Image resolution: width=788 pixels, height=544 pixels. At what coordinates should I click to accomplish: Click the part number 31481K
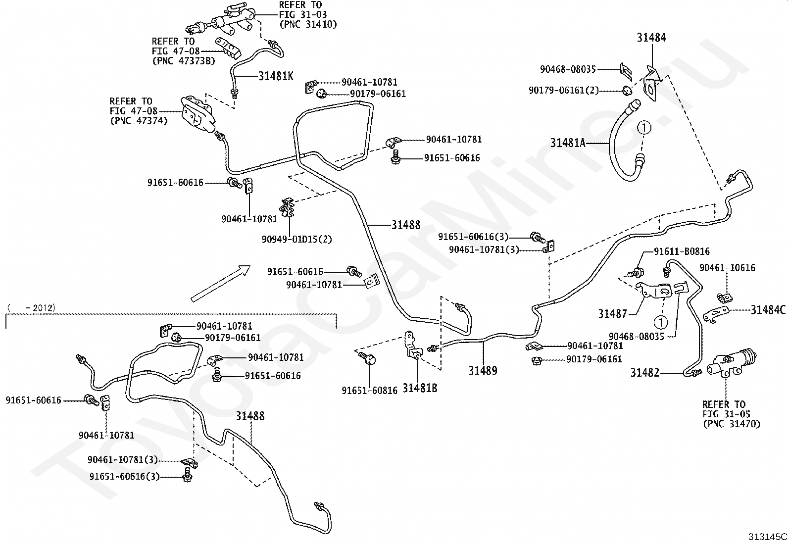tap(276, 76)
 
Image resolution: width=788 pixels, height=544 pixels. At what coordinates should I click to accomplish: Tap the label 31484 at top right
tap(651, 38)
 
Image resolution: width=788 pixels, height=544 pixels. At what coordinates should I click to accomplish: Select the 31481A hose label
tap(568, 144)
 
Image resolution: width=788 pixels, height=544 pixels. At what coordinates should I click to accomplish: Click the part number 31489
tap(483, 371)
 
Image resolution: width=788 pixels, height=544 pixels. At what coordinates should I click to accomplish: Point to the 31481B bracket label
tap(419, 388)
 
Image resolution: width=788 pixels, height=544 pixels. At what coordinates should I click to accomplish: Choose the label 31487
tap(612, 313)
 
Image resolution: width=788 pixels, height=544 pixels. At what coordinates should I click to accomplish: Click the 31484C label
tap(768, 310)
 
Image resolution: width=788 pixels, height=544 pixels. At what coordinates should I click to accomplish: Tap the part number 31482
tap(644, 373)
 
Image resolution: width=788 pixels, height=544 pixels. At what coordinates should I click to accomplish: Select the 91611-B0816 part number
tap(682, 251)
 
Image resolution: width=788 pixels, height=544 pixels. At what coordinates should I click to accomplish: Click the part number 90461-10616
tap(727, 268)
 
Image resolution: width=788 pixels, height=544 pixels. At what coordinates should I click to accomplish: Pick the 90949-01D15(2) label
tap(297, 240)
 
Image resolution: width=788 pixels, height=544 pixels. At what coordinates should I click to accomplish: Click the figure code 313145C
tap(767, 537)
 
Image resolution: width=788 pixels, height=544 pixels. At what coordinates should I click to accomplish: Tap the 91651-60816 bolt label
tap(369, 391)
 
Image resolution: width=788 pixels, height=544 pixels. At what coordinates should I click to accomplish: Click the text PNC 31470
tap(731, 424)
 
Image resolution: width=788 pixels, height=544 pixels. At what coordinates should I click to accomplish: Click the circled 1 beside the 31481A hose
tap(643, 128)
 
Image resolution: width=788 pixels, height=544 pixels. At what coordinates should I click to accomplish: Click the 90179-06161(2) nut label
tap(563, 90)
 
